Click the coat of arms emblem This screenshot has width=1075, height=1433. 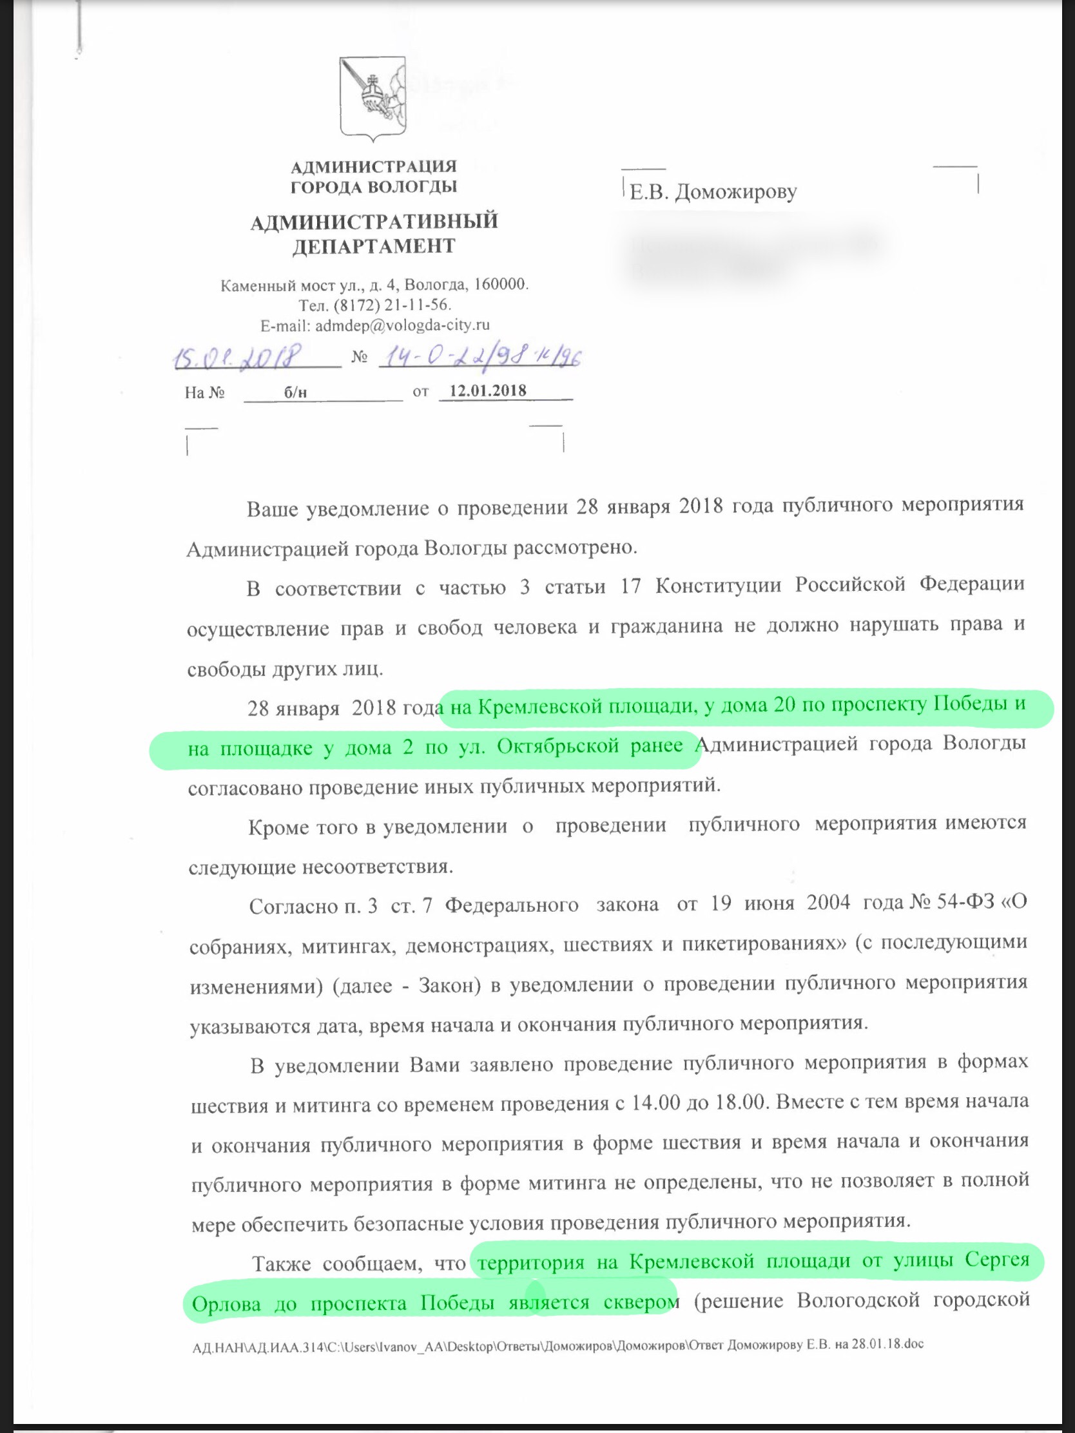coord(373,98)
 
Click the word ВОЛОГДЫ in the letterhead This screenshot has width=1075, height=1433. coord(412,188)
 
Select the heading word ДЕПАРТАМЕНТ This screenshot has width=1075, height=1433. coord(374,246)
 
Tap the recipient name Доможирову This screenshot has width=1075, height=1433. coord(736,192)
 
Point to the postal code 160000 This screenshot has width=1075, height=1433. coord(501,284)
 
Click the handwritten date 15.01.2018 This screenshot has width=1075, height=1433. coord(238,356)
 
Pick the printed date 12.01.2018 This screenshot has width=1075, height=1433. coord(488,390)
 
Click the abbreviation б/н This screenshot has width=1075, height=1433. coord(295,392)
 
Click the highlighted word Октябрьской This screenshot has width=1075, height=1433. coord(557,747)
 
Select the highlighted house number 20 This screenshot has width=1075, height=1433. coord(784,704)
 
